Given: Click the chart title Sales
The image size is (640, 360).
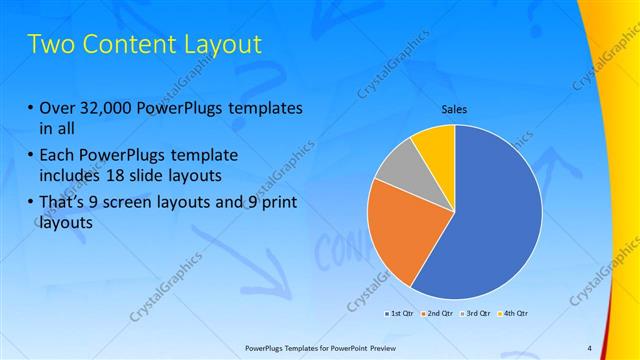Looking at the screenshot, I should tap(455, 109).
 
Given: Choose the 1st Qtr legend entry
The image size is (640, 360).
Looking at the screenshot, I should tap(400, 314).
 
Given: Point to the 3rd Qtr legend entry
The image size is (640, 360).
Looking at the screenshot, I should tap(476, 314).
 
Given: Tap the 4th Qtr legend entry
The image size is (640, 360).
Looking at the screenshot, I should tap(514, 314).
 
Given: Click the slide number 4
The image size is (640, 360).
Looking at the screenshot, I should tap(589, 347).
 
